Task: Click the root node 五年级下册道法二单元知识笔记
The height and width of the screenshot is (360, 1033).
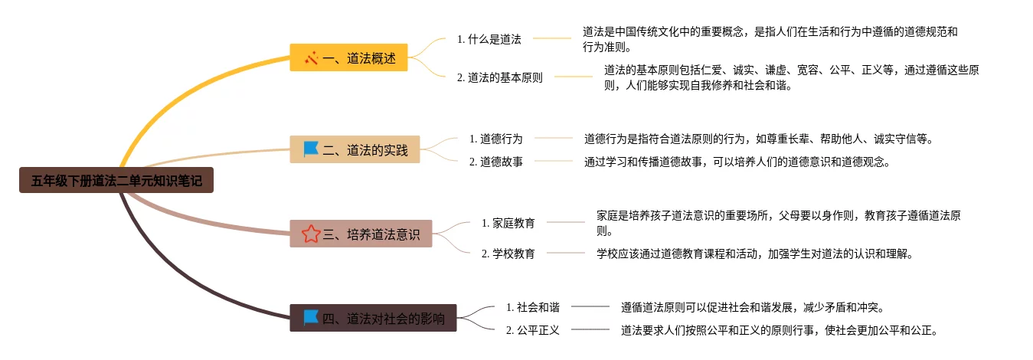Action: pyautogui.click(x=116, y=181)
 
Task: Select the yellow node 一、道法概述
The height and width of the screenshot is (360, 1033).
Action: pyautogui.click(x=348, y=57)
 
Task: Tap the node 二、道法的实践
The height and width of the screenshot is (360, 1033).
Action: pyautogui.click(x=355, y=149)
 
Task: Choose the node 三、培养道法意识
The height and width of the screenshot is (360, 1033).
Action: pyautogui.click(x=361, y=234)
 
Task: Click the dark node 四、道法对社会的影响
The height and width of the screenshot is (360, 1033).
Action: pyautogui.click(x=373, y=318)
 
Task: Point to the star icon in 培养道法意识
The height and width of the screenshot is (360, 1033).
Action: pyautogui.click(x=311, y=234)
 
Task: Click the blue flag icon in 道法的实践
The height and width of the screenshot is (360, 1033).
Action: pyautogui.click(x=310, y=149)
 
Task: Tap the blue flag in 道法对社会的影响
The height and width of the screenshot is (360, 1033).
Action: pyautogui.click(x=310, y=318)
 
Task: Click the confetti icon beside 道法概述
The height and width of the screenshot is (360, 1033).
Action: pyautogui.click(x=311, y=57)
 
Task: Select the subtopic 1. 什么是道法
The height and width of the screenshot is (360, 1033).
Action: pyautogui.click(x=489, y=38)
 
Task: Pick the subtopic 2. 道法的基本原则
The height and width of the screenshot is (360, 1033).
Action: pyautogui.click(x=499, y=77)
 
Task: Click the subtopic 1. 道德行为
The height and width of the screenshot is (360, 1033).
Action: pyautogui.click(x=495, y=139)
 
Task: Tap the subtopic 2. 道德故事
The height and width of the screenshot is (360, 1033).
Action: pyautogui.click(x=495, y=162)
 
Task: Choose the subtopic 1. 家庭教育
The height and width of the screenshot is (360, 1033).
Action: pyautogui.click(x=508, y=223)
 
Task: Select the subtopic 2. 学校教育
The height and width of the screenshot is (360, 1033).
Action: pyautogui.click(x=508, y=254)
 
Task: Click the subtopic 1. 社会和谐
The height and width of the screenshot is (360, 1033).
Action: pyautogui.click(x=532, y=307)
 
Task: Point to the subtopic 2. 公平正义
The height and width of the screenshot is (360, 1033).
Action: pyautogui.click(x=532, y=331)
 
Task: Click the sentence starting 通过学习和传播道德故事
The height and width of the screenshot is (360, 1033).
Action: pyautogui.click(x=737, y=162)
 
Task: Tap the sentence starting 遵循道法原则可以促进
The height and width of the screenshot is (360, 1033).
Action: pyautogui.click(x=753, y=307)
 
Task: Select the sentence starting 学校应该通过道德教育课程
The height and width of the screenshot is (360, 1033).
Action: pyautogui.click(x=754, y=254)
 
